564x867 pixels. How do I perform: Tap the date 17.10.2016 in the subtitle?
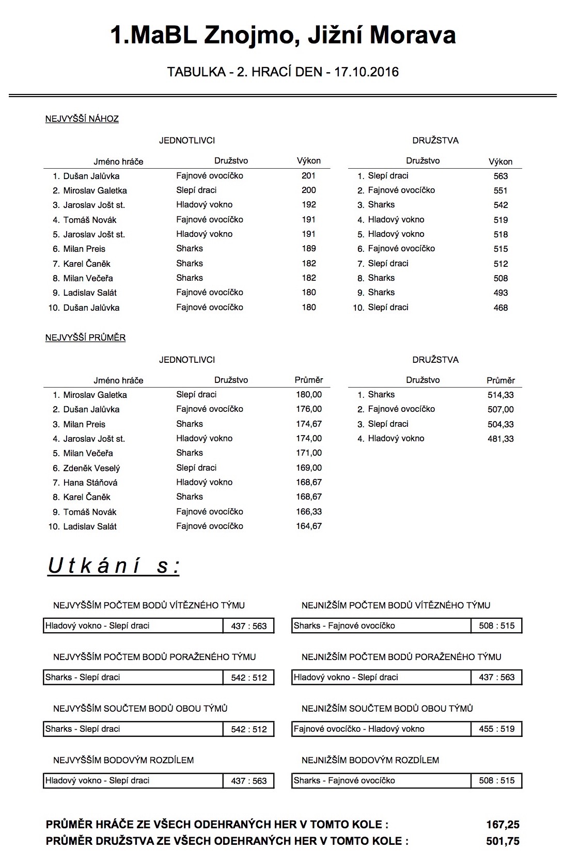[x=366, y=72]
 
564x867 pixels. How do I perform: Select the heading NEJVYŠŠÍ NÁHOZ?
[x=82, y=119]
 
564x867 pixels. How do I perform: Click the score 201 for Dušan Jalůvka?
[x=308, y=175]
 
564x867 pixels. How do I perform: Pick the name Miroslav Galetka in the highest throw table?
[x=95, y=190]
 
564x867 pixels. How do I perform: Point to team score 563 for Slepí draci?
[x=500, y=176]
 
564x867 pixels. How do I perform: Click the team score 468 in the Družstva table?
[x=500, y=308]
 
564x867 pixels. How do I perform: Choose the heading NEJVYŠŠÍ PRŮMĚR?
[x=85, y=338]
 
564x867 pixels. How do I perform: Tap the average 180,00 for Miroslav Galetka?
[x=309, y=395]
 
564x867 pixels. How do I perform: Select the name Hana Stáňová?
[x=90, y=483]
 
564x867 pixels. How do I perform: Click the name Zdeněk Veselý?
[x=91, y=468]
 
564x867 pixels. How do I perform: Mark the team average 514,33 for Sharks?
[x=500, y=395]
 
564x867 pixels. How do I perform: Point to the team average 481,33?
[x=500, y=439]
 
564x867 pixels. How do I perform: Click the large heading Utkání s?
[x=114, y=566]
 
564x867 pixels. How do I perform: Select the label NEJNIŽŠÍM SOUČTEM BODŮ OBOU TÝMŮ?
[x=387, y=709]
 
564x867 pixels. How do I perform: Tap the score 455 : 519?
[x=496, y=729]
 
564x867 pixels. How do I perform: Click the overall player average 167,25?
[x=503, y=825]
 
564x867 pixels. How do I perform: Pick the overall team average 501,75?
[x=503, y=841]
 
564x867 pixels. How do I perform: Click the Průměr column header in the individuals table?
[x=309, y=380]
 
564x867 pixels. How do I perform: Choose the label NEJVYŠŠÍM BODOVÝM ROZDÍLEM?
[x=123, y=760]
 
